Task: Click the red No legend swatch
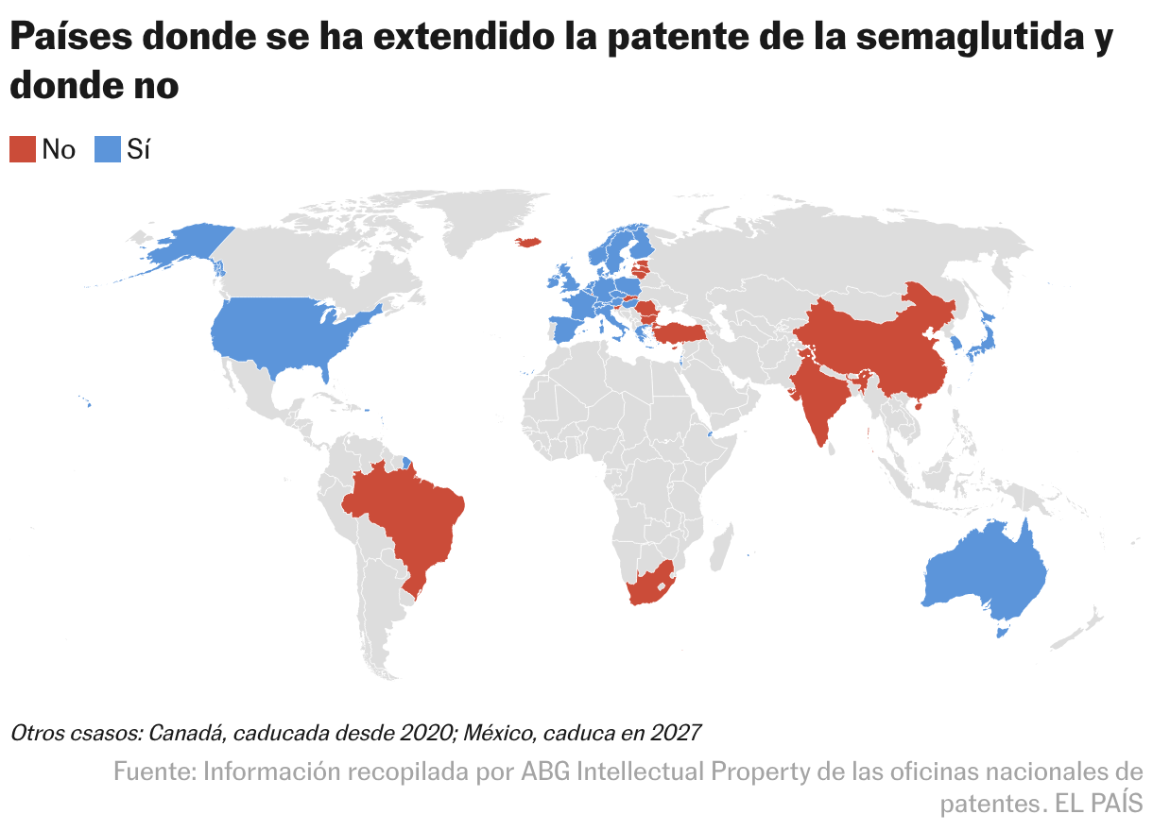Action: [23, 148]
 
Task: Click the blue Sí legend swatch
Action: [108, 148]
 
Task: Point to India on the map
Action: [817, 397]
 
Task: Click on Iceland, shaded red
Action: [528, 242]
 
